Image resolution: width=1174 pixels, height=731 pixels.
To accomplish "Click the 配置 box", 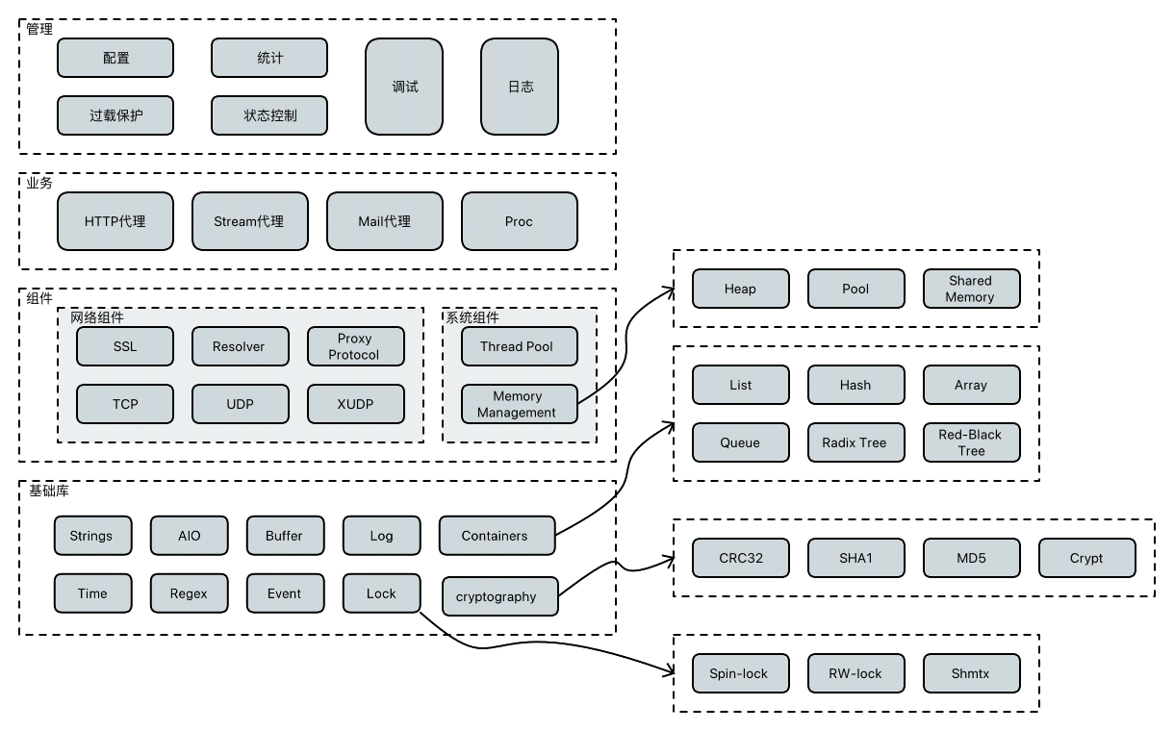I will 115,58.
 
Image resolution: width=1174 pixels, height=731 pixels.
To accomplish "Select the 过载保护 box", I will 115,115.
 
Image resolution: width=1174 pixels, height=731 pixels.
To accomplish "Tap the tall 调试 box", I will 404,87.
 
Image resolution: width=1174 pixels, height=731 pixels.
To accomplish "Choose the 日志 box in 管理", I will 520,87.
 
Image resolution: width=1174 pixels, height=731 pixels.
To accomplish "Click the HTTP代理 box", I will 115,221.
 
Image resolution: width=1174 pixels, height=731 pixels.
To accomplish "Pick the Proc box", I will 520,221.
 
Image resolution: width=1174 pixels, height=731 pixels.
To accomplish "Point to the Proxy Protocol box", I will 356,346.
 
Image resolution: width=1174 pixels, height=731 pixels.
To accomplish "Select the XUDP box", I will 356,404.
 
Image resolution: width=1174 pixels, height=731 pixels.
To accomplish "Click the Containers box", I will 497,536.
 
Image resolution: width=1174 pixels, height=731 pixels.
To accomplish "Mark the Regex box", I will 189,593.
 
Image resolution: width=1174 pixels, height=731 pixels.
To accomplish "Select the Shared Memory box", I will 971,289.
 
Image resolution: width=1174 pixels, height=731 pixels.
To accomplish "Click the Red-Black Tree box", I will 971,442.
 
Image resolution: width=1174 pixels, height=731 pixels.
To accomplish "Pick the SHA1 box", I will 855,558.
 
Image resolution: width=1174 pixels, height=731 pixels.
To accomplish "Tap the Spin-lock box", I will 740,673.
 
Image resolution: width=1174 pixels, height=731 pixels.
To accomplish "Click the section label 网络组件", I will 97,317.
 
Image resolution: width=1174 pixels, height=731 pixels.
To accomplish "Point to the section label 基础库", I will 48,491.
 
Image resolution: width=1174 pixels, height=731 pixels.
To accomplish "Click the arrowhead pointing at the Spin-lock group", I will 668,672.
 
